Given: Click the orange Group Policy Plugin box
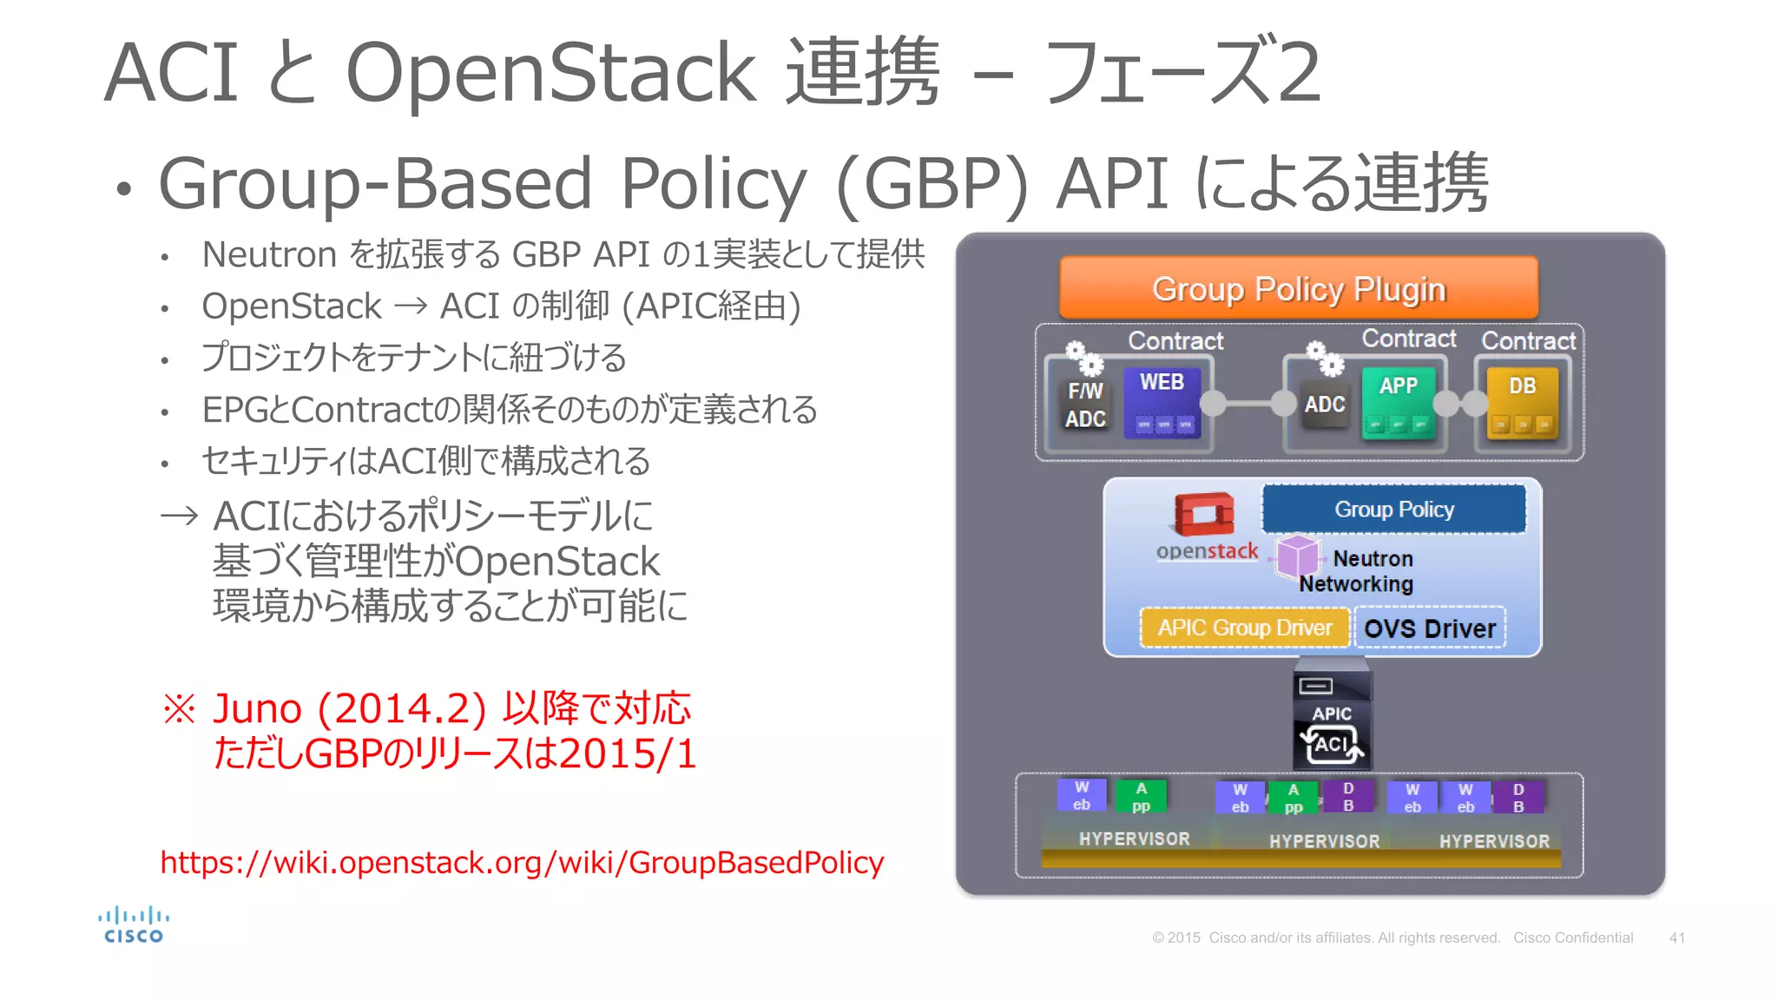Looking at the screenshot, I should tap(1298, 288).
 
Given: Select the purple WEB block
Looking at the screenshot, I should tap(1162, 401).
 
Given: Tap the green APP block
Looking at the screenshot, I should tap(1398, 401).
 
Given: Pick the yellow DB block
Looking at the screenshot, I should tap(1522, 401).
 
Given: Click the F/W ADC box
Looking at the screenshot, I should tap(1085, 405).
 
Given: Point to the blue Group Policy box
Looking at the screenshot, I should tap(1393, 509).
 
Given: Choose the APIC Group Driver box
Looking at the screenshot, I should tap(1244, 628).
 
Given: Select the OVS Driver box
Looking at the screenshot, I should tap(1429, 628).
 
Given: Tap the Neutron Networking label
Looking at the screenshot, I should tap(1357, 571).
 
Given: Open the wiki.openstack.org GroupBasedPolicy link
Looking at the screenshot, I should tap(522, 862).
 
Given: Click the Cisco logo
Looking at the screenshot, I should tap(134, 925).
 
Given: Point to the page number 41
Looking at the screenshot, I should tap(1676, 937).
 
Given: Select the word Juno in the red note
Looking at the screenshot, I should tap(257, 708).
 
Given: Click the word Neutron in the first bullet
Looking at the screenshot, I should tap(269, 254).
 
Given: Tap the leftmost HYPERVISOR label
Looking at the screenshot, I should tap(1134, 839).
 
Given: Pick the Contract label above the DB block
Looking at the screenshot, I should tap(1528, 340).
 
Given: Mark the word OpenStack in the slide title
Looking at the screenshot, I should tap(550, 72).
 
